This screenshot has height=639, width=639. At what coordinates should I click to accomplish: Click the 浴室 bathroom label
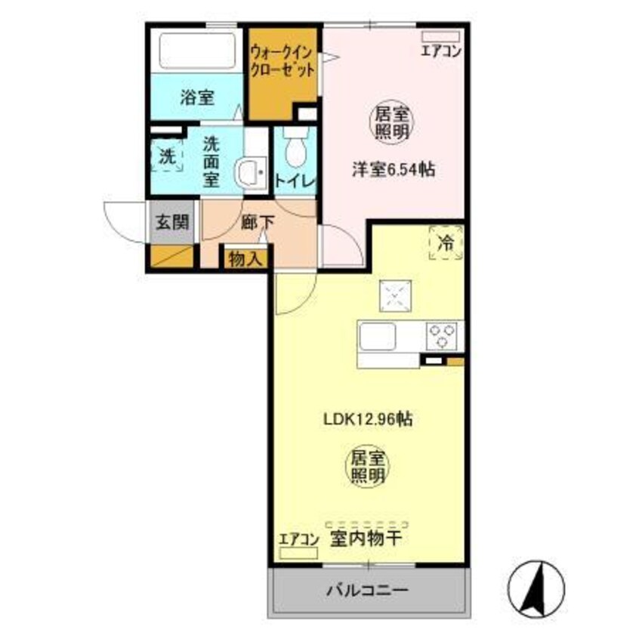click(197, 97)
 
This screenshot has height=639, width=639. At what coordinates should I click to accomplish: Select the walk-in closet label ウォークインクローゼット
click(282, 59)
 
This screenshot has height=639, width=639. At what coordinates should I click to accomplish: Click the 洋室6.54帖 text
click(393, 171)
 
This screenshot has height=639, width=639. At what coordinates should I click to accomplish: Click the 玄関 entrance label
click(173, 224)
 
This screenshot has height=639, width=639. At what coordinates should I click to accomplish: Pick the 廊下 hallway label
click(253, 224)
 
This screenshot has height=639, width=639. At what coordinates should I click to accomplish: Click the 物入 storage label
click(245, 259)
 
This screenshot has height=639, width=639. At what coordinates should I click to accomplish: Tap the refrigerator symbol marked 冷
click(446, 242)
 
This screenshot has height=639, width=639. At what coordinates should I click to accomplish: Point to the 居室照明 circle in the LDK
click(368, 466)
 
